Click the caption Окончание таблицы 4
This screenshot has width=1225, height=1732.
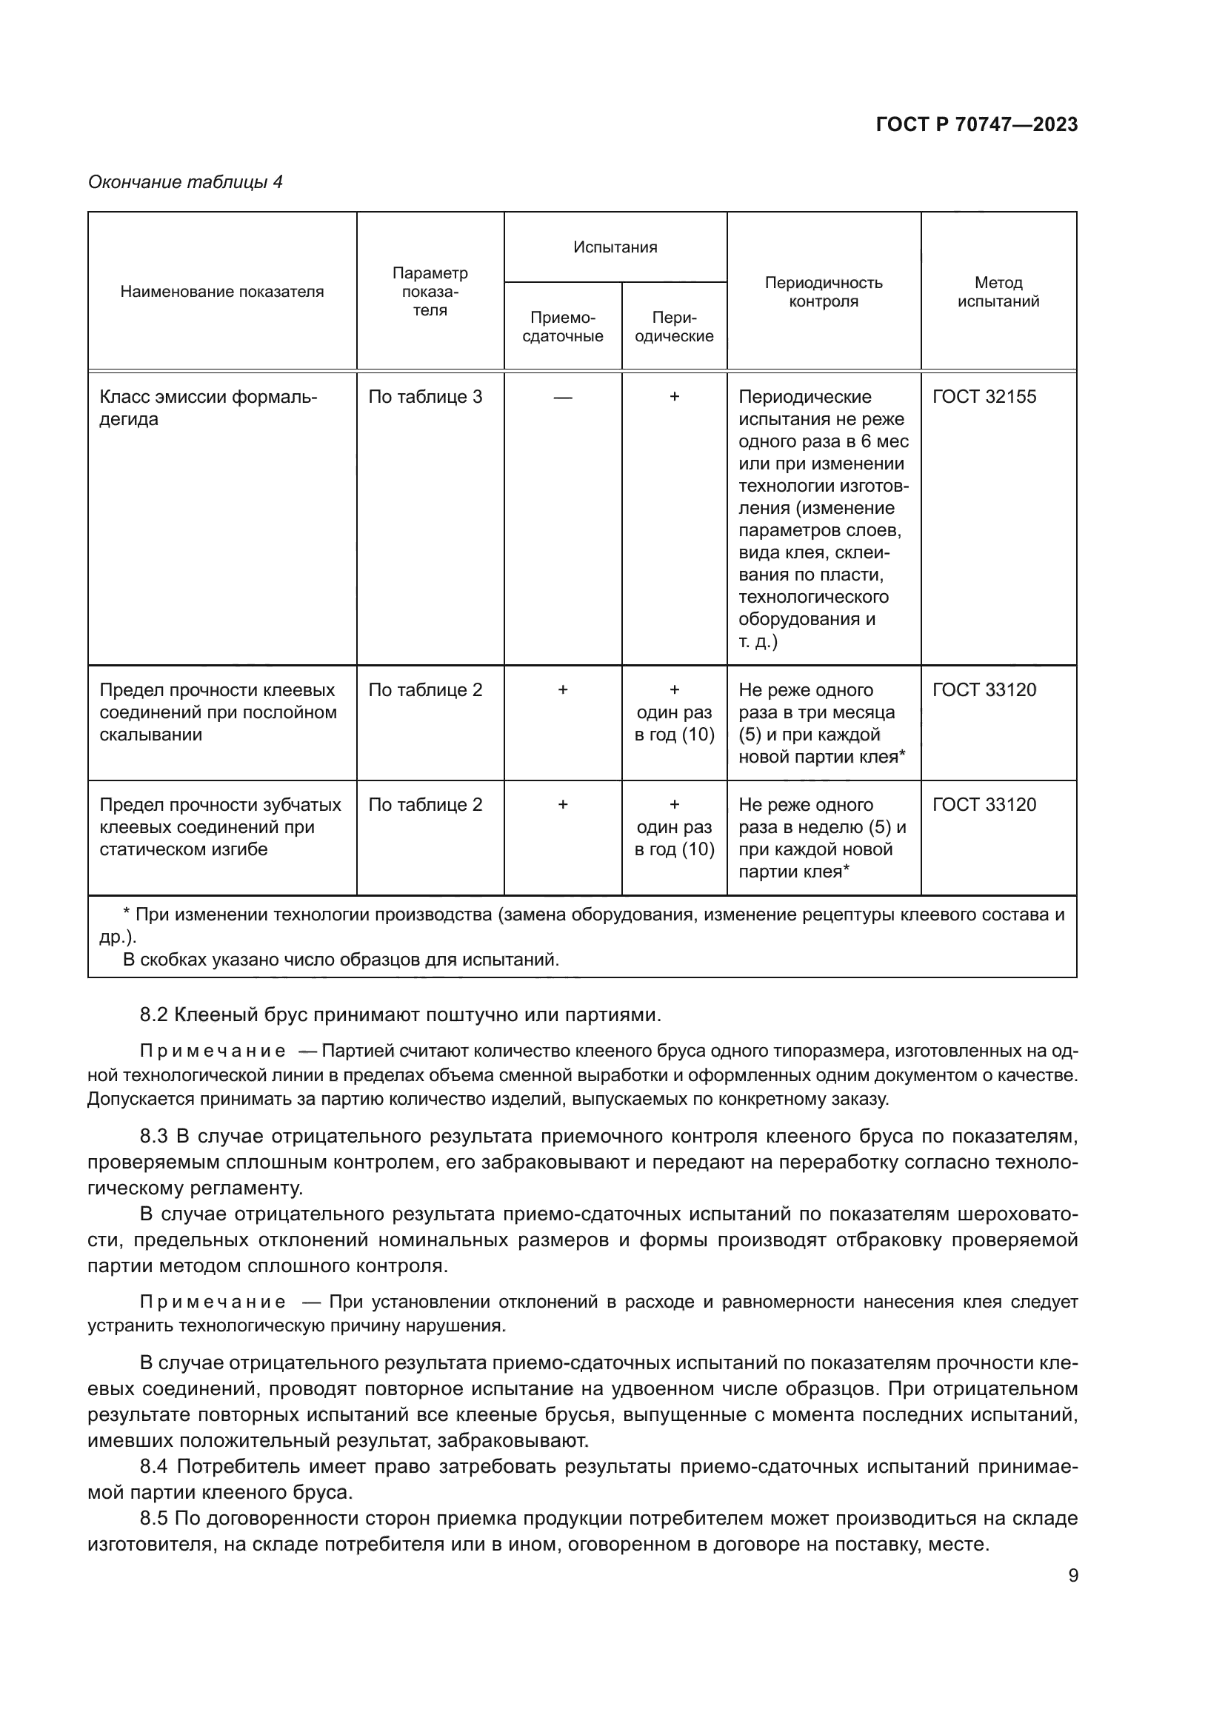pos(186,182)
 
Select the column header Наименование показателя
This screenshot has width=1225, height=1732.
pos(221,292)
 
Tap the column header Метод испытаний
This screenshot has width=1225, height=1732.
pos(998,292)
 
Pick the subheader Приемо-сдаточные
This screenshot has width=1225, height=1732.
pos(563,327)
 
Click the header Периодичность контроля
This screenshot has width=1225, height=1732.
pos(823,292)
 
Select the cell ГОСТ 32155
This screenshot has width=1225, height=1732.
pos(984,397)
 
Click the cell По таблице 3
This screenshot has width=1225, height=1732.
pos(424,397)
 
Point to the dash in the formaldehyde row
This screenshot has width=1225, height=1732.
pos(563,397)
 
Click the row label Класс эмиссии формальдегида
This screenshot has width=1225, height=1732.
pos(208,407)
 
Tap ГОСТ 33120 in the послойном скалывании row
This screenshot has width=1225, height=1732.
pos(984,689)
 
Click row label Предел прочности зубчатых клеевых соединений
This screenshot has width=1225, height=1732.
pos(220,827)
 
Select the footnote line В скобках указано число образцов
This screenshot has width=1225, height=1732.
pos(341,960)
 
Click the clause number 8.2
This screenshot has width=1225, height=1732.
pos(153,1014)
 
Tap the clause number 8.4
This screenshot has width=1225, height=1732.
pos(153,1466)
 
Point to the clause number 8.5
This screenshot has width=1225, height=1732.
pos(153,1518)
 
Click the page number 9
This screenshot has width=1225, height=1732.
pos(1072,1576)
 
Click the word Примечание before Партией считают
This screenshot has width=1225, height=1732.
pos(213,1051)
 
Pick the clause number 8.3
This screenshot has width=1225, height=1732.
pos(153,1136)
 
